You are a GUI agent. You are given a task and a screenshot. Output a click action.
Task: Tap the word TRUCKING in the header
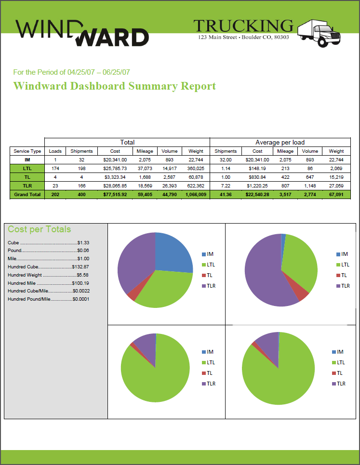243,26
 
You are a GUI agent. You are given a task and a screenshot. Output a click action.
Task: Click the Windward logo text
82,33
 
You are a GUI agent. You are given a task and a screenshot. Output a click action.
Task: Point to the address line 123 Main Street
243,37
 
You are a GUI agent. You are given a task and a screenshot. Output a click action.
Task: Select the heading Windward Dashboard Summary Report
115,86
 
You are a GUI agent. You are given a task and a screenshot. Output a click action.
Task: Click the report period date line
71,72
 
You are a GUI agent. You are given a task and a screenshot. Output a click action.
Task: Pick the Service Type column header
27,151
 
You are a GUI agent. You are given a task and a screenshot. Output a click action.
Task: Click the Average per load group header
280,142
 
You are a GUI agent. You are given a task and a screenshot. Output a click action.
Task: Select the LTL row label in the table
27,168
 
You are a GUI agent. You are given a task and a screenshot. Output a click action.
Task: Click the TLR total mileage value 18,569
145,186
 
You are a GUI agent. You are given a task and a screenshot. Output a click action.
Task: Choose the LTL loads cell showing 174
55,168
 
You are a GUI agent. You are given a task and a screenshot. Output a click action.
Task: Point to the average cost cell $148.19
258,168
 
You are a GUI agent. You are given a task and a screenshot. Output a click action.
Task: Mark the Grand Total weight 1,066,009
196,194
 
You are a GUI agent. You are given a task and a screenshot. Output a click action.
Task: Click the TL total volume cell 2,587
170,177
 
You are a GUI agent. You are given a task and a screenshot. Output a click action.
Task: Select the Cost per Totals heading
40,229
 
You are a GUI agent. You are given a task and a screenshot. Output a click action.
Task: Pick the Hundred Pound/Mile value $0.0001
81,299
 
